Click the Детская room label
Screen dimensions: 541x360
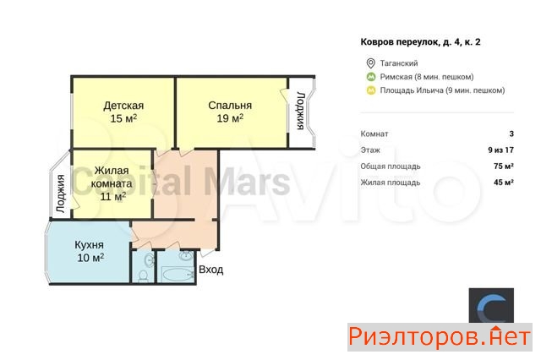123,105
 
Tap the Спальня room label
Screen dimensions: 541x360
230,105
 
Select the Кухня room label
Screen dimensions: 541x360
89,245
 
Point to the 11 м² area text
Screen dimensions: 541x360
112,196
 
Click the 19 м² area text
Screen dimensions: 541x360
230,118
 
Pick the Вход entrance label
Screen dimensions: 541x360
211,270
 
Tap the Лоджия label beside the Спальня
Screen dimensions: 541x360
301,111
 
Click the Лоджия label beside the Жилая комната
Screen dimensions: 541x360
61,194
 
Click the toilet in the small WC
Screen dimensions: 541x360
143,275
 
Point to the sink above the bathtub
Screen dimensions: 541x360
186,255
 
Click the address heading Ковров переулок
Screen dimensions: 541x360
421,42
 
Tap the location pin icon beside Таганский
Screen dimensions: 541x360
370,63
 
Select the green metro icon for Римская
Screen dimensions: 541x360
371,77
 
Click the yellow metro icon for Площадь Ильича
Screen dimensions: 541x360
371,90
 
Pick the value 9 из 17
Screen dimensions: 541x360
500,150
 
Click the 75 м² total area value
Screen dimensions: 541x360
504,166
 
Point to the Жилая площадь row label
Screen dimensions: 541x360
391,183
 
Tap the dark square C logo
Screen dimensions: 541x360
491,306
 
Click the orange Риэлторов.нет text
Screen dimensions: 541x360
440,337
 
